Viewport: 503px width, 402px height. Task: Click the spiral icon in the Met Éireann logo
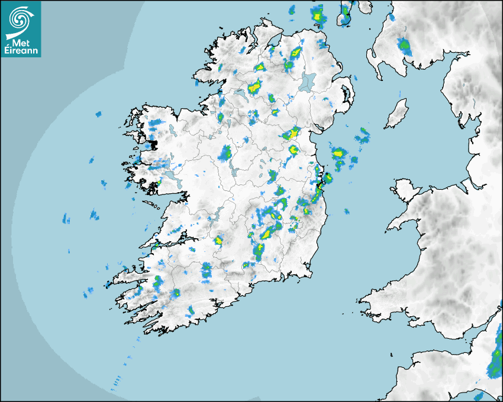coord(20,18)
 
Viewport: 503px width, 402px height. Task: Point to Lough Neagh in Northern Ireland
coord(308,81)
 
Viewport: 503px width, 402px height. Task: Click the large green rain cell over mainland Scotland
coord(405,46)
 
